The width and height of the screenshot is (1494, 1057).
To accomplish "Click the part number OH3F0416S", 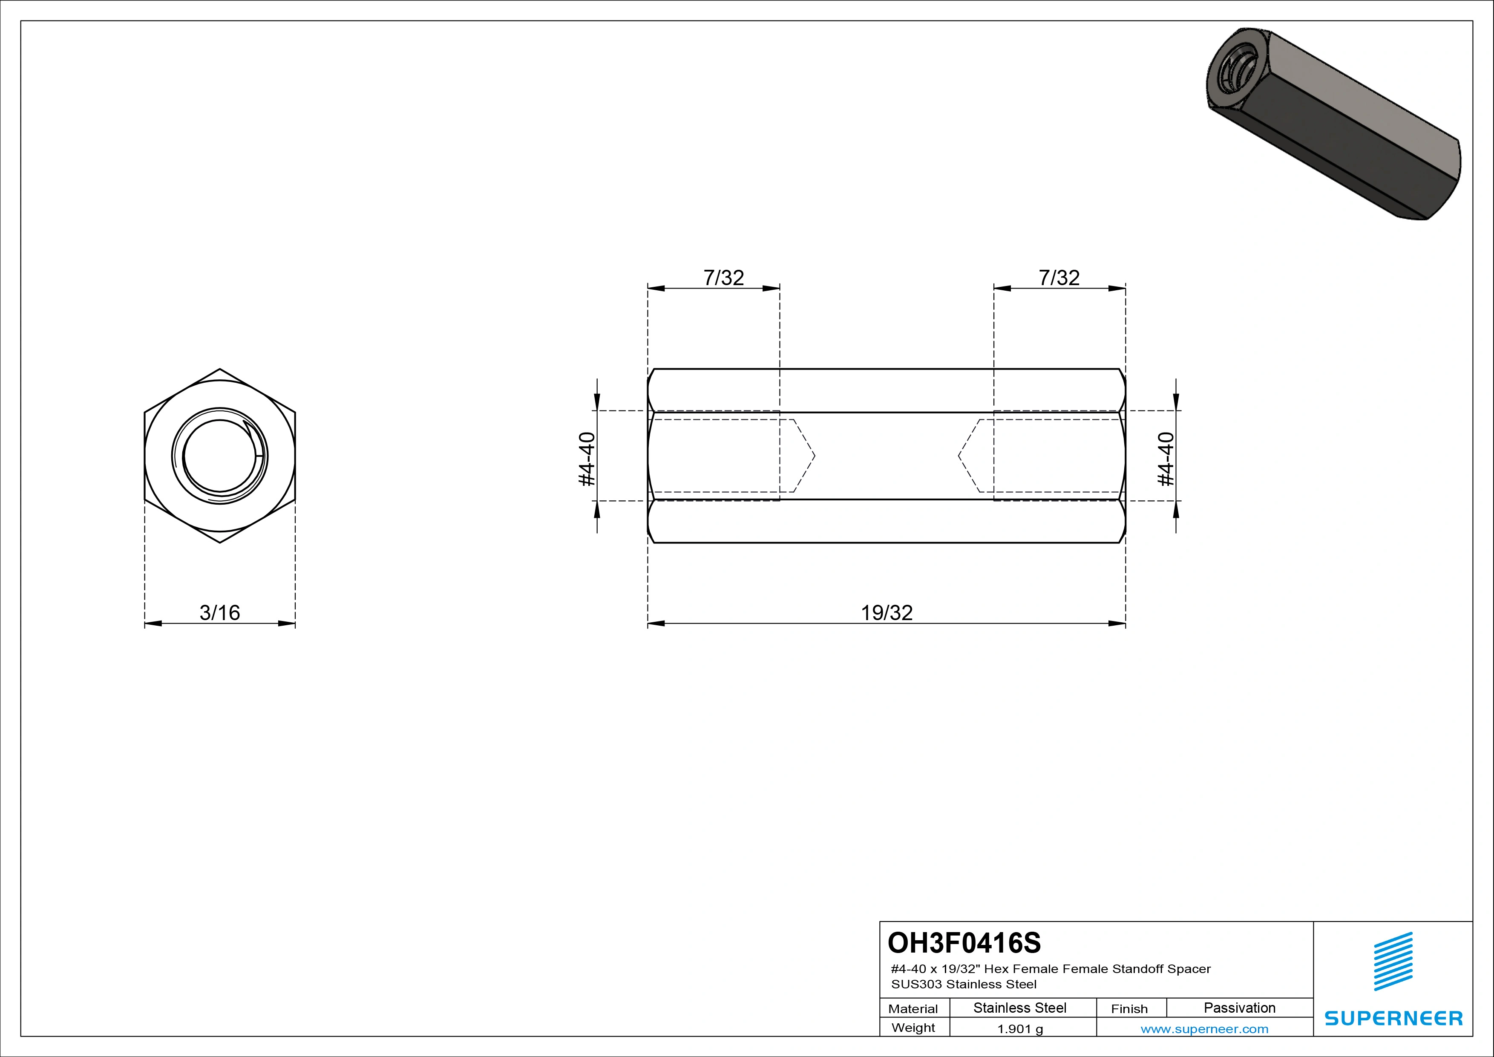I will click(964, 942).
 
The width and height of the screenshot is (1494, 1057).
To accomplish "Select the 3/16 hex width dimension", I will click(219, 612).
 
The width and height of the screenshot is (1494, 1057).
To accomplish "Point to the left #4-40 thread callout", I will click(587, 459).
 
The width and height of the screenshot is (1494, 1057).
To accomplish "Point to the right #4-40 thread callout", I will click(1167, 459).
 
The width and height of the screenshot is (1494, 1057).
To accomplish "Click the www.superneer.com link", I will click(1204, 1029).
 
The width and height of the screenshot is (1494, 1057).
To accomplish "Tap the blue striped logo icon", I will click(1393, 962).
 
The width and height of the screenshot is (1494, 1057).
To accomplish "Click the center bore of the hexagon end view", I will click(219, 456).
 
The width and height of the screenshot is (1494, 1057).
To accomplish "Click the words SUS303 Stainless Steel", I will click(964, 984).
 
